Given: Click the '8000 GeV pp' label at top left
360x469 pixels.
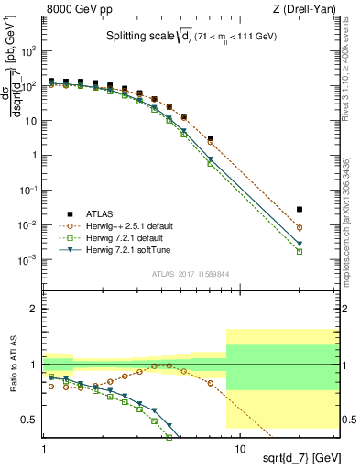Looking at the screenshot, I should point(75,9).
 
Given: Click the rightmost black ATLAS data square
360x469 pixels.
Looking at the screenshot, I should point(325,210).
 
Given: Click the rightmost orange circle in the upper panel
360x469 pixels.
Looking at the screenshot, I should point(325,227).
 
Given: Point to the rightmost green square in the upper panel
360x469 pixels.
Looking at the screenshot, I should point(325,251).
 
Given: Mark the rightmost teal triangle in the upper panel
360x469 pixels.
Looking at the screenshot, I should point(325,244).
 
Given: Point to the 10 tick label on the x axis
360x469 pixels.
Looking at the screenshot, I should point(239,450).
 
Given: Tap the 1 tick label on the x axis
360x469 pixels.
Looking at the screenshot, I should point(44,450).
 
